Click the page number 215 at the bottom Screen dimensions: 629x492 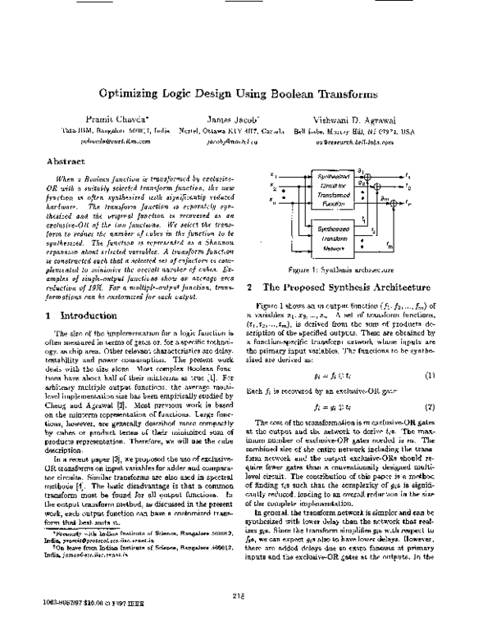click(245, 595)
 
